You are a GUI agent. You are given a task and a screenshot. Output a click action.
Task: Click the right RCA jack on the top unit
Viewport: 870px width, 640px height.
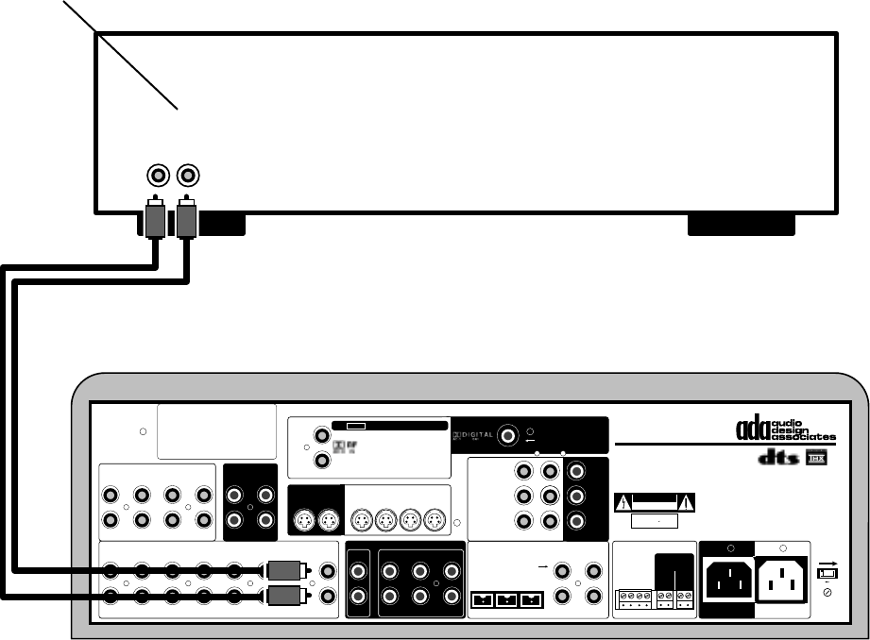(x=188, y=176)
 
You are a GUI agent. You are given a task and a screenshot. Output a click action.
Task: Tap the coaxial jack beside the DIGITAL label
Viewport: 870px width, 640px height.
(x=509, y=435)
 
